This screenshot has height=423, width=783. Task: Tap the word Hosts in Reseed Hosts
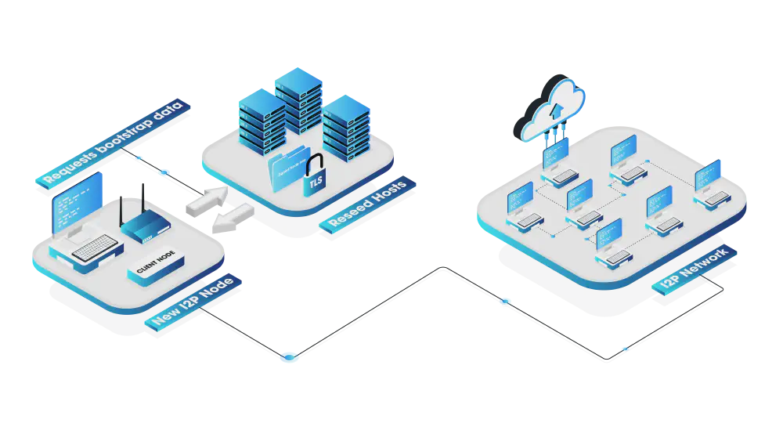coord(385,196)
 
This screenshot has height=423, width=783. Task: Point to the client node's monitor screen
coord(78,201)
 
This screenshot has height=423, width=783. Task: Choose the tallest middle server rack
coord(298,102)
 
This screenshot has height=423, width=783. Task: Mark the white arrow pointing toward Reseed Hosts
coord(206,200)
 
